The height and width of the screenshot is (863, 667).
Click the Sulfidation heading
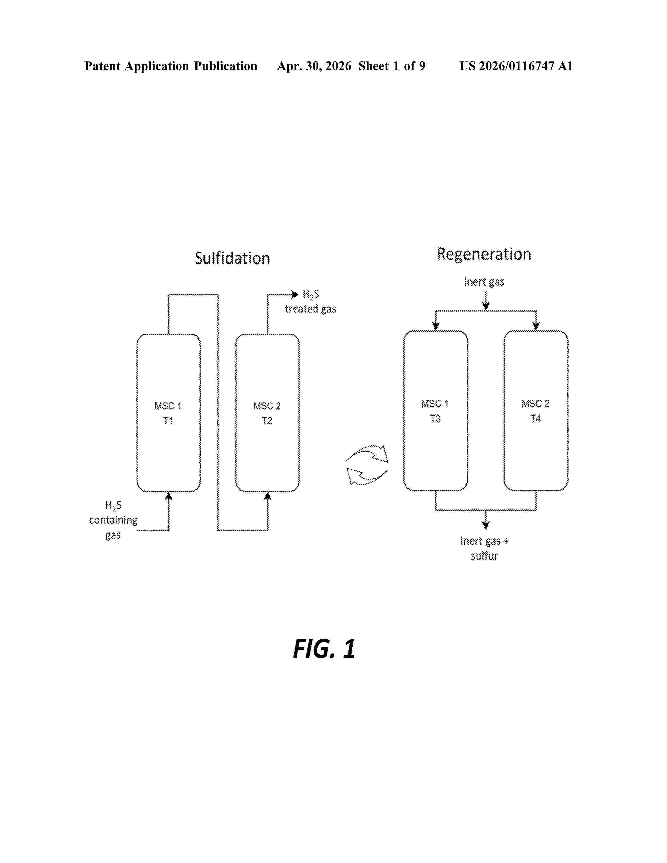tap(232, 258)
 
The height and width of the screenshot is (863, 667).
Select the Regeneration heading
tap(484, 254)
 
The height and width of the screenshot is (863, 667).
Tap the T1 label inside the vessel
tap(168, 421)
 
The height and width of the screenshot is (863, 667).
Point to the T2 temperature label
tap(267, 421)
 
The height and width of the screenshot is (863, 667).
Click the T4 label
tap(535, 418)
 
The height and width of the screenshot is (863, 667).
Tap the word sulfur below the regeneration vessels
tap(484, 556)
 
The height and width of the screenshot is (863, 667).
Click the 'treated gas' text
tap(310, 309)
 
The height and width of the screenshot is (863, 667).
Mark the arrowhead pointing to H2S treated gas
tap(294, 294)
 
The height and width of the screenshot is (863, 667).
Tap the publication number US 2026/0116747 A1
tap(516, 66)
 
